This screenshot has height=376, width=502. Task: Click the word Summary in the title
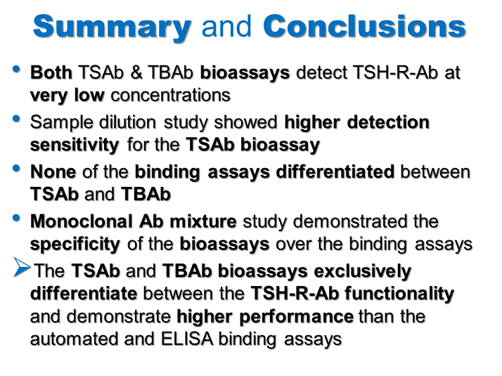coord(112,27)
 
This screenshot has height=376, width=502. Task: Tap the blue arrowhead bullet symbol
coord(22,266)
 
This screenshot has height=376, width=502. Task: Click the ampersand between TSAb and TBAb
coord(136,72)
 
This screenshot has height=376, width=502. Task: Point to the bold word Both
coord(51,72)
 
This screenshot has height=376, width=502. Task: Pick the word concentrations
coord(171,95)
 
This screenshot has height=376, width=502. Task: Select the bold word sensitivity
coord(75,145)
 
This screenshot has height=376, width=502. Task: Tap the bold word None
coord(53,172)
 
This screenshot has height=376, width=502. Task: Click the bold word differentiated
coord(335,172)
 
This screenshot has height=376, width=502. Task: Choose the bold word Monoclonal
coord(82,221)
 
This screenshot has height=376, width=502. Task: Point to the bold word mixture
coord(203,221)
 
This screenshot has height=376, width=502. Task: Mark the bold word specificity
coord(75,245)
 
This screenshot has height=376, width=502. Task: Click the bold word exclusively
coord(362,271)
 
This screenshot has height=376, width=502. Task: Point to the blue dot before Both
coord(16,69)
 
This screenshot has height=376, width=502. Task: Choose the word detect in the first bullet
coord(321,72)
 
